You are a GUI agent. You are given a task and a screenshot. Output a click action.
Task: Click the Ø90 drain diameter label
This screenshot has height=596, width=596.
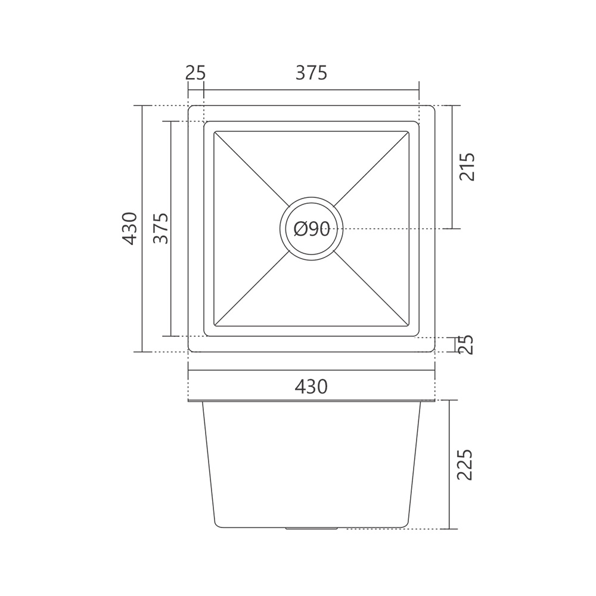[x=312, y=229]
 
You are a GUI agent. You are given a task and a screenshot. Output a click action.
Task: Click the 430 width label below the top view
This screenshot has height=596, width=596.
[x=311, y=387]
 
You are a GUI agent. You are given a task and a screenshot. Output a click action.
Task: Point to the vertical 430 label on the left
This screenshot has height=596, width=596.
[x=129, y=228]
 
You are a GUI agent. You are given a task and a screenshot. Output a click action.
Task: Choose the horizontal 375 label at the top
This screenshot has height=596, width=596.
[x=311, y=73]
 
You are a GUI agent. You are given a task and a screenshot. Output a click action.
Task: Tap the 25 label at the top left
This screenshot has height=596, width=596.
[x=195, y=73]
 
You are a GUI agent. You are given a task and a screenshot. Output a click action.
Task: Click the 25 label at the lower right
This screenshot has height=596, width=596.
[x=465, y=344]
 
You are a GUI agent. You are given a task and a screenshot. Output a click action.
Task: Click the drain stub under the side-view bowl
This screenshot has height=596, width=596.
[x=311, y=528]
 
